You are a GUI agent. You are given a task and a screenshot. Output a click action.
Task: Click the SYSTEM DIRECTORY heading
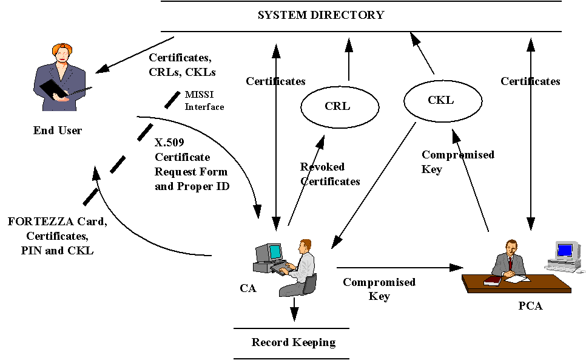coord(320,15)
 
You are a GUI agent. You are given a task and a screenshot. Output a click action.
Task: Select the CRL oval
coord(337,106)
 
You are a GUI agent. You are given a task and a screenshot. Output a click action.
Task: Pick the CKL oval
coord(440,100)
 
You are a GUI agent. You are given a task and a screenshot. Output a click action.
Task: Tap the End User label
coord(58,131)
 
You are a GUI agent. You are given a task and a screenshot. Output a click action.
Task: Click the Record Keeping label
coord(294,342)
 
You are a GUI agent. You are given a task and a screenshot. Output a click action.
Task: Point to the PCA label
coord(530,306)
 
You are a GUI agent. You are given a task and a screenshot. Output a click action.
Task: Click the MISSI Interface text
coord(204,101)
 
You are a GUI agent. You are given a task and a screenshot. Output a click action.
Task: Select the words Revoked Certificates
coord(330,174)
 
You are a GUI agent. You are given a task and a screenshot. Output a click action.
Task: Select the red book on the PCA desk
coord(491,280)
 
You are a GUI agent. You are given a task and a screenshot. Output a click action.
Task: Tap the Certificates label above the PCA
coord(530,81)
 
